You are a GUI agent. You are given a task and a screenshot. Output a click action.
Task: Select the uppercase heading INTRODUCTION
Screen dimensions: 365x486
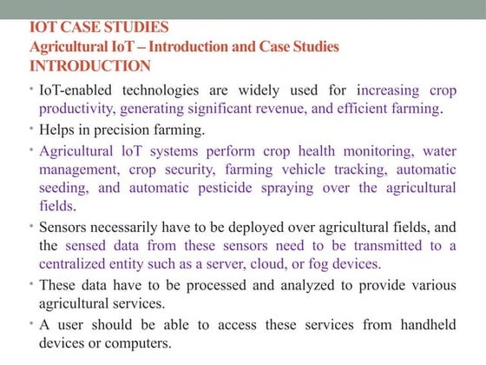tap(90, 65)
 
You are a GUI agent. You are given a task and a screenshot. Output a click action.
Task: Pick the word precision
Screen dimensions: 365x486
tap(128, 129)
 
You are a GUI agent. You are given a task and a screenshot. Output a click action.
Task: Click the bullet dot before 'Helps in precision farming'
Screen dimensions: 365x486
tap(31, 128)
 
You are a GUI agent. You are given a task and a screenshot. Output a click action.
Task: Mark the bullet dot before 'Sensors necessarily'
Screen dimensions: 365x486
tap(31, 224)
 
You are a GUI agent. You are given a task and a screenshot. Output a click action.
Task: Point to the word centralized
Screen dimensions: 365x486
tap(77, 262)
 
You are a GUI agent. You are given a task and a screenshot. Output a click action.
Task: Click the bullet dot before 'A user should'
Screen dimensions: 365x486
tap(31, 322)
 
